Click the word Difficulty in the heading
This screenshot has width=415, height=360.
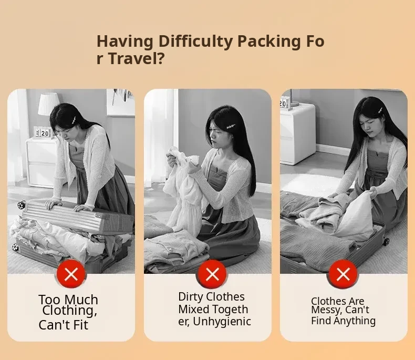pyautogui.click(x=195, y=42)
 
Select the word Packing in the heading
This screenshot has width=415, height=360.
pyautogui.click(x=269, y=42)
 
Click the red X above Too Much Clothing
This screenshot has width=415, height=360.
pyautogui.click(x=71, y=274)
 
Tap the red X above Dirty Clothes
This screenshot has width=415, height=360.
pyautogui.click(x=212, y=274)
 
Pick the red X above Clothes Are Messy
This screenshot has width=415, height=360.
pyautogui.click(x=343, y=274)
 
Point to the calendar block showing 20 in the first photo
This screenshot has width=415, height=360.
pyautogui.click(x=43, y=132)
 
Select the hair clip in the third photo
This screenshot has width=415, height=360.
pyautogui.click(x=382, y=110)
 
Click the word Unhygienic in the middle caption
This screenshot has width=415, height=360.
pyautogui.click(x=222, y=322)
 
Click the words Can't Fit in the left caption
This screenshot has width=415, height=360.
pyautogui.click(x=63, y=325)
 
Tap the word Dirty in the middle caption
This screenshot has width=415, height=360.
pyautogui.click(x=189, y=297)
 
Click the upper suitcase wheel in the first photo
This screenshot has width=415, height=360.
pyautogui.click(x=21, y=205)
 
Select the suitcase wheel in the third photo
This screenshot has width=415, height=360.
pyautogui.click(x=386, y=241)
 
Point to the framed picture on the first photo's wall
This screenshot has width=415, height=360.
pyautogui.click(x=120, y=102)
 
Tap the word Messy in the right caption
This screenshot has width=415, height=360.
pyautogui.click(x=326, y=310)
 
